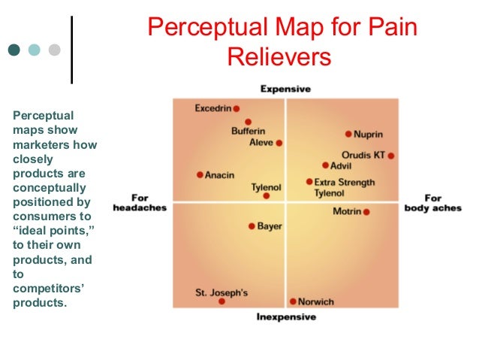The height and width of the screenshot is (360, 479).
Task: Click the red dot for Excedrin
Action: coord(236,109)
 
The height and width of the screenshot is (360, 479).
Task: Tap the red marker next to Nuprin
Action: coord(348,135)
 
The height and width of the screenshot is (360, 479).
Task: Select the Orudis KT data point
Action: coord(391,156)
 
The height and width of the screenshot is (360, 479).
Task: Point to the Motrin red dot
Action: coord(366,212)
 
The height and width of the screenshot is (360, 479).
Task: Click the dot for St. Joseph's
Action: coord(221,301)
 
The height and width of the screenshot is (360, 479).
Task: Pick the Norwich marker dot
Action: coord(293,301)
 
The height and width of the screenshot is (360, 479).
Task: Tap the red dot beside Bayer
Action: coord(252,225)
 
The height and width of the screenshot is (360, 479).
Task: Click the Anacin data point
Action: coord(200,175)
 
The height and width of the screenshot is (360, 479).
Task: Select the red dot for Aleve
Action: coord(279,142)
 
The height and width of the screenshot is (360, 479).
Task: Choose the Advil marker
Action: coord(325,165)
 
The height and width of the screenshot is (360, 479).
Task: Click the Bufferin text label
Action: coord(248,132)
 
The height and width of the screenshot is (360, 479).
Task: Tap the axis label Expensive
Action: coord(285,89)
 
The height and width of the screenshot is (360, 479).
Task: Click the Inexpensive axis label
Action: coord(286,317)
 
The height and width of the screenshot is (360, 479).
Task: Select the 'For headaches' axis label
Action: coord(140,203)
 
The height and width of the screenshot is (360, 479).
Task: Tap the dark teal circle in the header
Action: coord(14,50)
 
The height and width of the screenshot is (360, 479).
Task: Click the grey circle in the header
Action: coord(54,50)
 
